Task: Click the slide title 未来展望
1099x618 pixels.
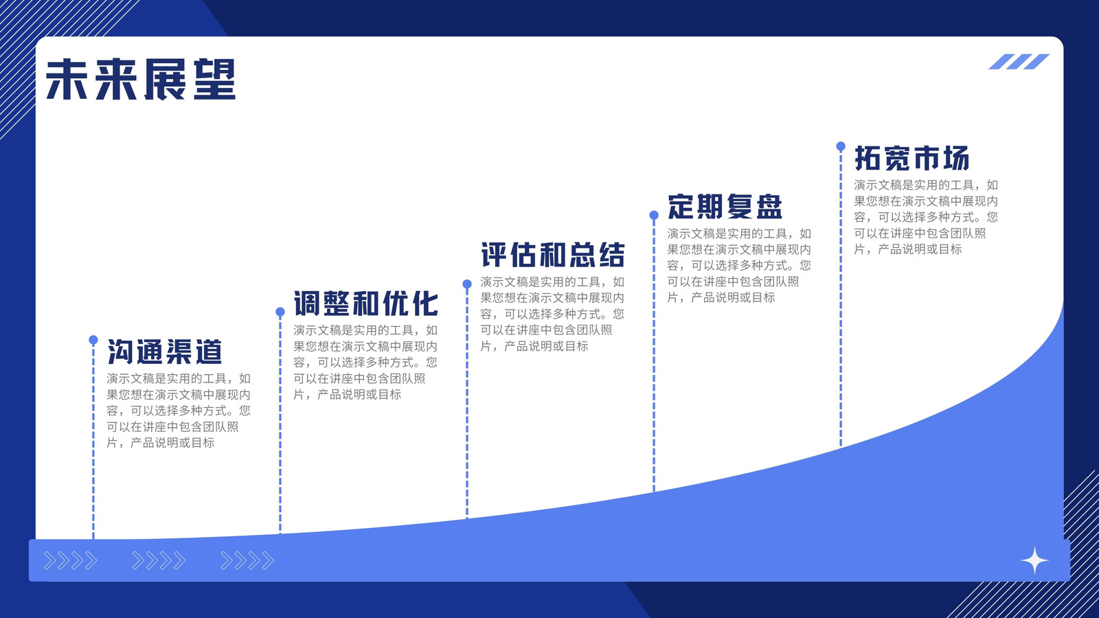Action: (141, 80)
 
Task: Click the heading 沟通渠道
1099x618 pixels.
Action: (165, 352)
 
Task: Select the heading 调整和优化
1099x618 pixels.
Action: (365, 303)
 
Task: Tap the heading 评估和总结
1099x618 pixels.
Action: (552, 255)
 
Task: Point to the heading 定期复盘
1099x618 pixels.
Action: (725, 207)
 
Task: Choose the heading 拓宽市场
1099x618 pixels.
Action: (911, 158)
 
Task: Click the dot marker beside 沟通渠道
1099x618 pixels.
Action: (93, 340)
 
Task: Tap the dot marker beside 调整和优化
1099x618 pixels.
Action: (280, 312)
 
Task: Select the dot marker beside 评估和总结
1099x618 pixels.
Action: (467, 284)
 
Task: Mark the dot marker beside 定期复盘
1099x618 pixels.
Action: (654, 216)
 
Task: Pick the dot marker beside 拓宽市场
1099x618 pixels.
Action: (841, 146)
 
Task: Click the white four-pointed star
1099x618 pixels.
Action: (1034, 560)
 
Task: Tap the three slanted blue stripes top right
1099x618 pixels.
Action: (1019, 62)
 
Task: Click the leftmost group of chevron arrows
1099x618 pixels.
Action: (71, 560)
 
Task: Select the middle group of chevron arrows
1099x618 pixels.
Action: (159, 560)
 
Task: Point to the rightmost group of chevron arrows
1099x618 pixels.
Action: (247, 560)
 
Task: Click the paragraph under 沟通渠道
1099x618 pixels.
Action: (179, 411)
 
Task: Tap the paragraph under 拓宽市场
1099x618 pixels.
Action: (926, 217)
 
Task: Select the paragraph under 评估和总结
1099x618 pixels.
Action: (552, 314)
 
